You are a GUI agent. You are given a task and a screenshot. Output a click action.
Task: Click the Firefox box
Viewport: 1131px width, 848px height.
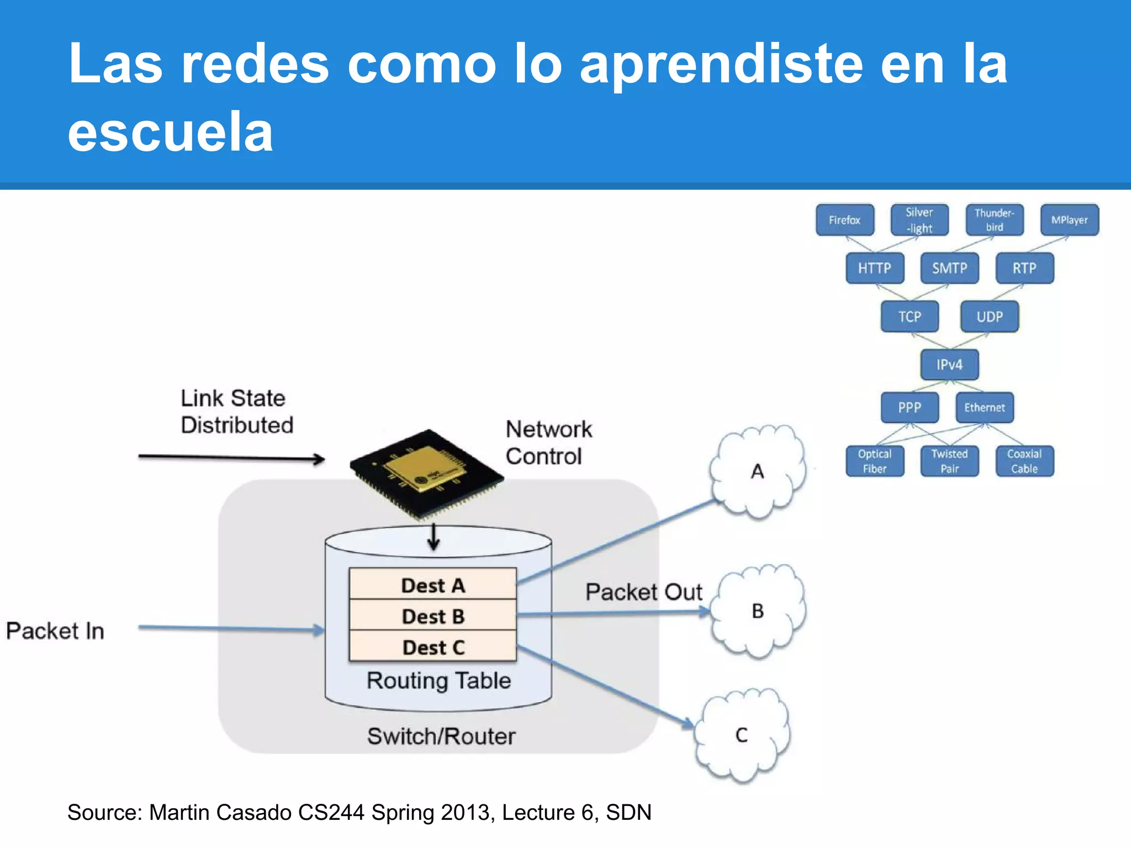[845, 220]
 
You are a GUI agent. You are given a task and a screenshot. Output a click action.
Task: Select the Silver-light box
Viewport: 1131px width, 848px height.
[919, 220]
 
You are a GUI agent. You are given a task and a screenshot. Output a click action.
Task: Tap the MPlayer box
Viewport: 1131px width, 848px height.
[1069, 220]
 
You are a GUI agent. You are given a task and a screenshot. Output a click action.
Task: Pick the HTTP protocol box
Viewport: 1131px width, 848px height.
[875, 268]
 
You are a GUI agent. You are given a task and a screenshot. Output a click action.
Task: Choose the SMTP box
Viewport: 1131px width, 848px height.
[950, 268]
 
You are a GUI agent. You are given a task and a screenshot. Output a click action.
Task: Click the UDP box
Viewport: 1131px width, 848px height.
[990, 316]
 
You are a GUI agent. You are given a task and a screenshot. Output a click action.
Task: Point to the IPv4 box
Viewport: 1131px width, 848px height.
[949, 364]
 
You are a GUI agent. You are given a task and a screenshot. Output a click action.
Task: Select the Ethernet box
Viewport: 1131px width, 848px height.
[985, 407]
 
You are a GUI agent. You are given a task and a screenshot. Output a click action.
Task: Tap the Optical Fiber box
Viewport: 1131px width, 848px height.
[875, 461]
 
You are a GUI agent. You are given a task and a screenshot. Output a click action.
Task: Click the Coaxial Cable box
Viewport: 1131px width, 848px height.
[1024, 461]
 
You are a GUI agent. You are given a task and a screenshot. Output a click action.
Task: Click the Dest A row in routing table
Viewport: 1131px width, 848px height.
[433, 585]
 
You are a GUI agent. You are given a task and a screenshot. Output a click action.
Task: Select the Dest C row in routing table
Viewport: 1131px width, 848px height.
[433, 647]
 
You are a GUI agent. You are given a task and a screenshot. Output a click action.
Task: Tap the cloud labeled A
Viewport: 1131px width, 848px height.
[758, 471]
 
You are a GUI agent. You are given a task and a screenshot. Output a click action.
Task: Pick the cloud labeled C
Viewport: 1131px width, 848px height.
[742, 735]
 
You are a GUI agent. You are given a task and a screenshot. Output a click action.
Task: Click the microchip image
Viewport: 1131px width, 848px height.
[426, 473]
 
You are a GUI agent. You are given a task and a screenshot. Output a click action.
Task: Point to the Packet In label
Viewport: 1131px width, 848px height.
[55, 630]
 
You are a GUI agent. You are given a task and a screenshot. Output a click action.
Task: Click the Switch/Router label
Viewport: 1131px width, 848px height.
[441, 736]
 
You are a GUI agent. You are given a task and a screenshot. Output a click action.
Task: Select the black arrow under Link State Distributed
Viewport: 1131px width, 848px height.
[231, 458]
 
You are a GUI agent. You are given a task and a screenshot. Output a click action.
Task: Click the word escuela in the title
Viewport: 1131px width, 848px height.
[171, 131]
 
